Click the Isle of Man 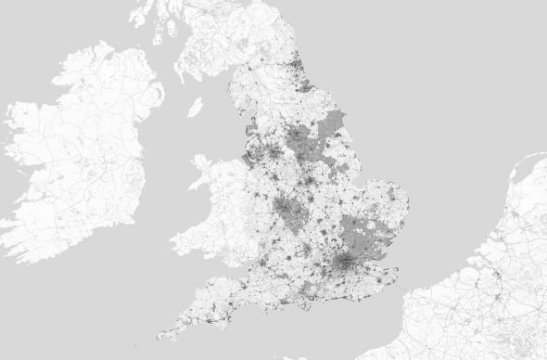[195, 108]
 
